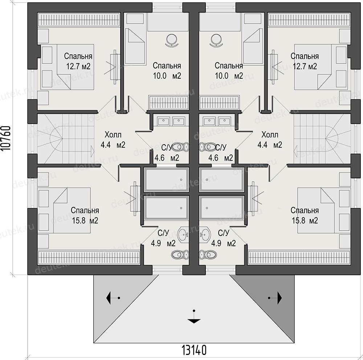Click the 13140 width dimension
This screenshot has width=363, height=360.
(194, 350)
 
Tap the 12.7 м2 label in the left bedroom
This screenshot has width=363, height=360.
(78, 67)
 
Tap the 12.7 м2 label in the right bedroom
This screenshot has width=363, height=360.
(305, 67)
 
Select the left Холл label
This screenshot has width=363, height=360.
(113, 135)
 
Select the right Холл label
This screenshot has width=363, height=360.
(270, 135)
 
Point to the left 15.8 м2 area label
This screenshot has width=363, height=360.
(85, 220)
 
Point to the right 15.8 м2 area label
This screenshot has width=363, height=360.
(305, 220)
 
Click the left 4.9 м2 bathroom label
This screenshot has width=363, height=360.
(163, 243)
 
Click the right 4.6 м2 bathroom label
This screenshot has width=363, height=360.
(221, 158)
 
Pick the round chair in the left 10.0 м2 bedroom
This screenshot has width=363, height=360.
(172, 40)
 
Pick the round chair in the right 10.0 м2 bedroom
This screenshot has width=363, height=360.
(216, 40)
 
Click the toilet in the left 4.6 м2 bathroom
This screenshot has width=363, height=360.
(180, 147)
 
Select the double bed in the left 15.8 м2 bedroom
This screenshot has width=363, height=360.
(72, 210)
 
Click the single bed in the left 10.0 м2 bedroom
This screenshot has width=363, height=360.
(135, 46)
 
